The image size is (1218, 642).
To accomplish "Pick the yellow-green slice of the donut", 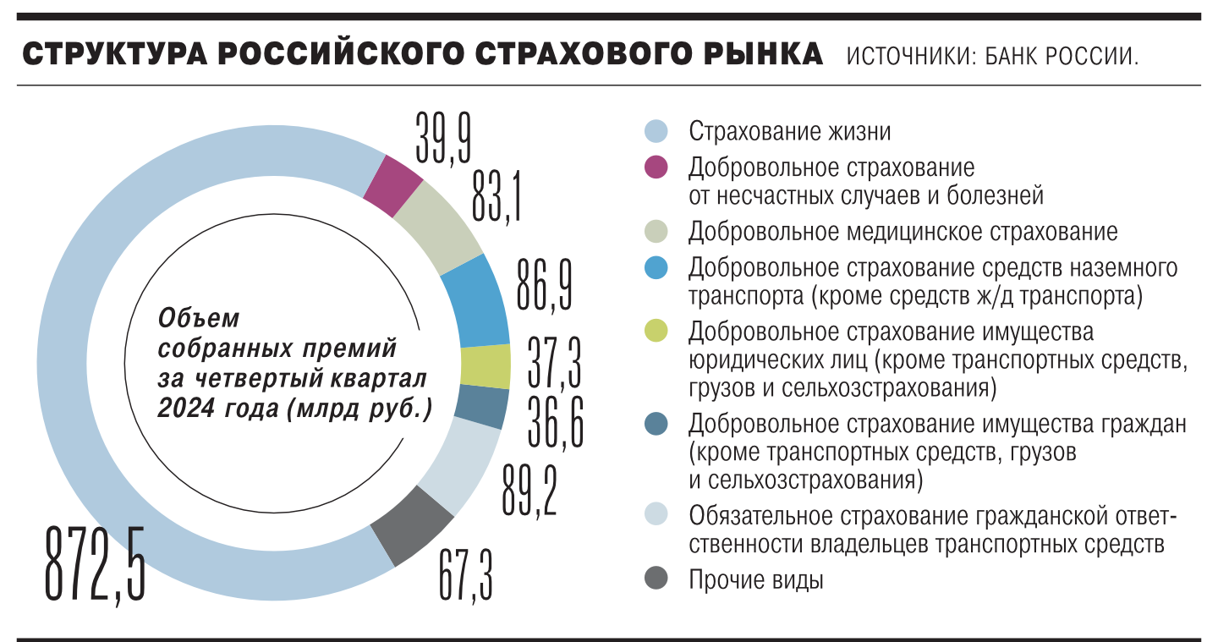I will pos(486,367).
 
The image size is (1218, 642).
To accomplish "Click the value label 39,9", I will pos(444,140).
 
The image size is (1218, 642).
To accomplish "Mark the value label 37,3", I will pos(554,359).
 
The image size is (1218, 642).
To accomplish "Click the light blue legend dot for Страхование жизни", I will pos(656,132).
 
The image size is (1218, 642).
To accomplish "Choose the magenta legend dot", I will pos(656,167).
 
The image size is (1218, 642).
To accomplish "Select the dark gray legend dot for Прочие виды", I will pos(656,579).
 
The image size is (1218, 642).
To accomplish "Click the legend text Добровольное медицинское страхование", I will pos(903,232).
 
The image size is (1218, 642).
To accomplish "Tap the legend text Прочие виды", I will pos(755,580).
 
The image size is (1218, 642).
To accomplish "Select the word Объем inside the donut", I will pos(199,319).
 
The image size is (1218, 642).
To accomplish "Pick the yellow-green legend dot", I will pos(656,331).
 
